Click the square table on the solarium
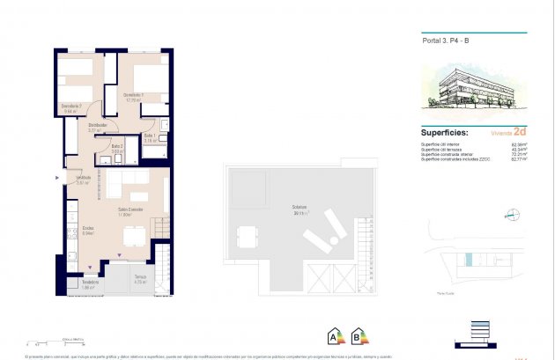click(x=246, y=236)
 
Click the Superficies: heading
click(x=449, y=132)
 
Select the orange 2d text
click(x=521, y=131)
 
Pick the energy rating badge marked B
click(x=359, y=335)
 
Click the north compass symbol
click(x=510, y=214)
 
